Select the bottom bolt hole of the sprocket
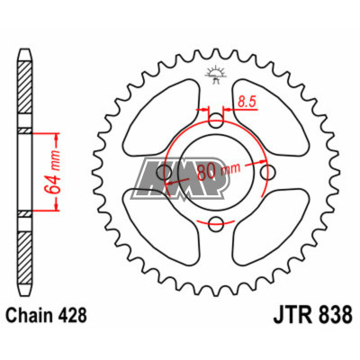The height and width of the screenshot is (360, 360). tap(216, 222)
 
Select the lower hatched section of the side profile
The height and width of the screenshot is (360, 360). tap(24, 261)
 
